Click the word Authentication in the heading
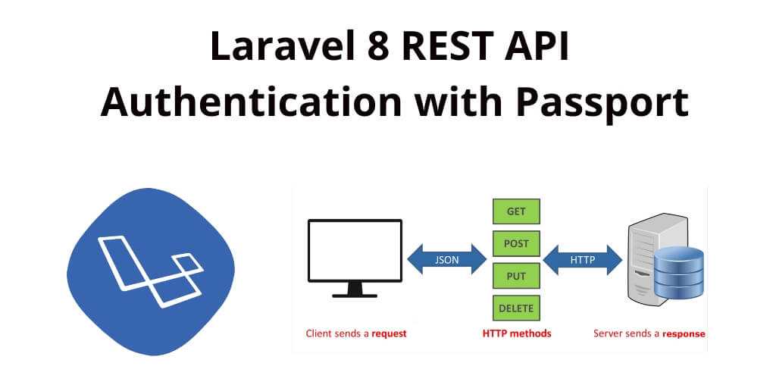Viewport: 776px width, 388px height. pyautogui.click(x=251, y=101)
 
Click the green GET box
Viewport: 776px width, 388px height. pyautogui.click(x=515, y=211)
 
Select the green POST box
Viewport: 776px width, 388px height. pyautogui.click(x=515, y=244)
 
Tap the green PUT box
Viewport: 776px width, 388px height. pyautogui.click(x=515, y=276)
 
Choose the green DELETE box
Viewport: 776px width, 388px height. pyautogui.click(x=515, y=308)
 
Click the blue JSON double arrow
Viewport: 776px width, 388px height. pyautogui.click(x=446, y=260)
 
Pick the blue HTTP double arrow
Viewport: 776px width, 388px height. pyautogui.click(x=582, y=260)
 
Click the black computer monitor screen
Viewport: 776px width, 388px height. pyautogui.click(x=355, y=249)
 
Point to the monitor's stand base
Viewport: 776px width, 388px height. pyautogui.click(x=355, y=294)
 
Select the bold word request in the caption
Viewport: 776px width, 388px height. pyautogui.click(x=388, y=333)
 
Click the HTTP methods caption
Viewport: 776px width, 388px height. pyautogui.click(x=517, y=333)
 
